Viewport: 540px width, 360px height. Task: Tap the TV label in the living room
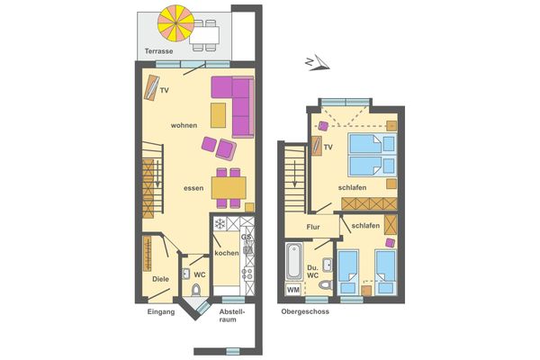click(165, 91)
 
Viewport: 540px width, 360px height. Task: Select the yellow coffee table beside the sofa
click(219, 115)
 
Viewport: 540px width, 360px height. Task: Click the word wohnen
click(184, 125)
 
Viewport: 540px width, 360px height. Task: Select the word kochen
click(227, 253)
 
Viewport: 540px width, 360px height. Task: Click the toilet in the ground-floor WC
click(197, 290)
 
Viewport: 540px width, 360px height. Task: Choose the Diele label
click(161, 279)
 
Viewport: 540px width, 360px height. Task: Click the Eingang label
click(160, 312)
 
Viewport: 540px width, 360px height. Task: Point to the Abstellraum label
click(232, 317)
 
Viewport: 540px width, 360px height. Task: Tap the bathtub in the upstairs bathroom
click(292, 262)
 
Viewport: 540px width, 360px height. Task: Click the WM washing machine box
click(292, 290)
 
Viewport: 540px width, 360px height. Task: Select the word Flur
click(313, 227)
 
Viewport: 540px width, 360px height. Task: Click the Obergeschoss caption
click(305, 312)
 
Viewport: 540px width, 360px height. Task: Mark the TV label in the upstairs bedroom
click(328, 147)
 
